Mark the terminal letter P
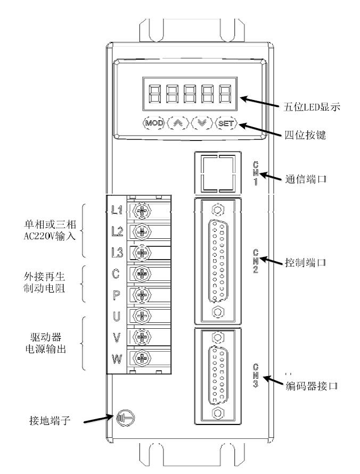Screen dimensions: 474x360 click(x=117, y=295)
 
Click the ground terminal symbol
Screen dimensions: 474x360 click(x=120, y=419)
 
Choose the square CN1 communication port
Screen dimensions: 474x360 click(x=218, y=172)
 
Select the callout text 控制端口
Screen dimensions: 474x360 click(x=306, y=263)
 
